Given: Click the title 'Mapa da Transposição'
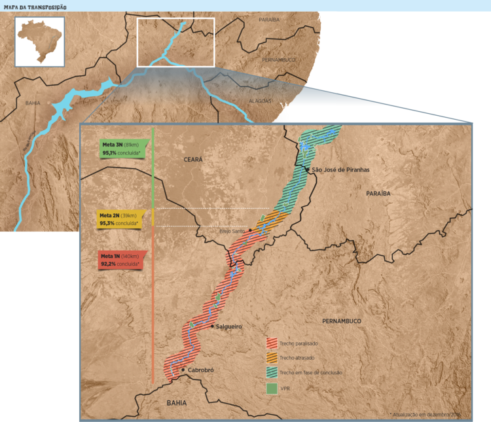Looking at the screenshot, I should [35, 7].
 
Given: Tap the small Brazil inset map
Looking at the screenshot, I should [40, 41].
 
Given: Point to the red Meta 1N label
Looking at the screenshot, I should [122, 260].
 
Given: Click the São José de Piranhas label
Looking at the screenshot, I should [340, 169].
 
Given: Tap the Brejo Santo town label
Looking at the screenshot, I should [232, 231].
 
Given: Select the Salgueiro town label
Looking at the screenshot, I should [228, 326].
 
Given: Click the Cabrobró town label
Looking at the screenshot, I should [201, 370].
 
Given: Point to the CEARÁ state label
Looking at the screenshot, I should [193, 159].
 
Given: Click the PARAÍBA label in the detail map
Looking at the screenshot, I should [378, 194].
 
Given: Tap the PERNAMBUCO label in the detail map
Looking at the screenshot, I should [342, 321].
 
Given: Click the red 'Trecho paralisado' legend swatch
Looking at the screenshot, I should [272, 343].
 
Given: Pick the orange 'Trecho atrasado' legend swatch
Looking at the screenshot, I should [272, 358].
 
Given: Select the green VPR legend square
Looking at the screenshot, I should [272, 388].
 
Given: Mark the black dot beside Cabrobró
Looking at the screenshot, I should [183, 370].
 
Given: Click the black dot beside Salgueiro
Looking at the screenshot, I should [211, 326].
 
